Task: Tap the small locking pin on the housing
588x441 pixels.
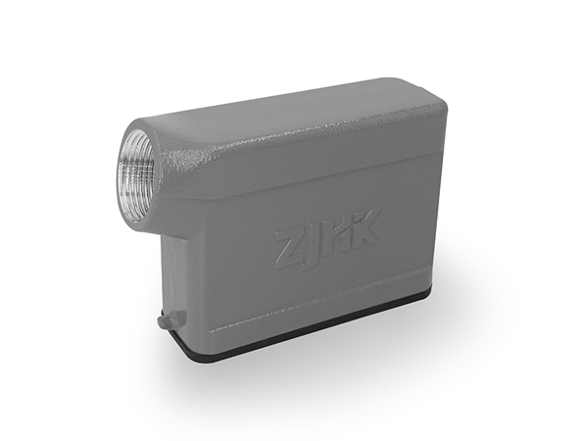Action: pyautogui.click(x=171, y=319)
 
